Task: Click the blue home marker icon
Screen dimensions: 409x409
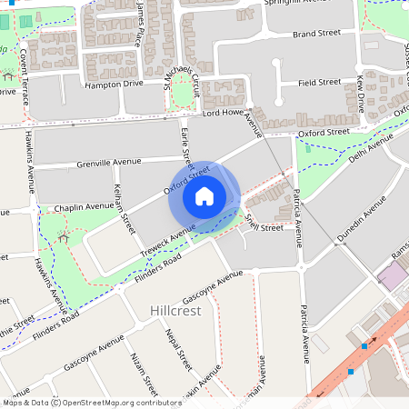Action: click(204, 195)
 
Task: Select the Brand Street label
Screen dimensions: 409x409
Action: click(316, 34)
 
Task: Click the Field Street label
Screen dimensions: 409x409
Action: click(319, 83)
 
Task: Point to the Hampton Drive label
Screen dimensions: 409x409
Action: click(114, 84)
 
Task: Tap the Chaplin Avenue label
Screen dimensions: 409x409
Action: click(85, 208)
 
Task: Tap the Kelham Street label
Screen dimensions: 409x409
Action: click(124, 208)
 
